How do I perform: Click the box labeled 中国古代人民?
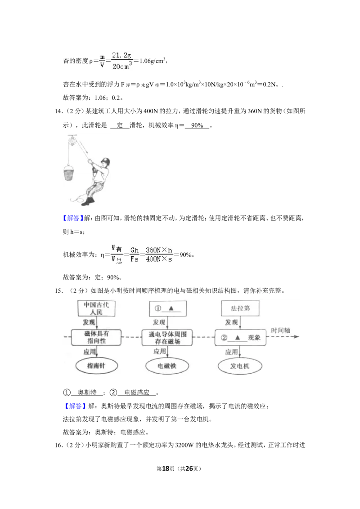[96, 308]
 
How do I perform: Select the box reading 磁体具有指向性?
[96, 337]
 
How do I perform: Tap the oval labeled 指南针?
[96, 366]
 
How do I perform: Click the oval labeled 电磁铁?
[167, 366]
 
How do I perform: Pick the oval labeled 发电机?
[239, 366]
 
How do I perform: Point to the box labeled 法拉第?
[240, 308]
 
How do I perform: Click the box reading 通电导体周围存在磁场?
[167, 338]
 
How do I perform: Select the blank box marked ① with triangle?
[168, 308]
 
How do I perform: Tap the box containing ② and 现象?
[240, 338]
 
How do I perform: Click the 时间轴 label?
[280, 330]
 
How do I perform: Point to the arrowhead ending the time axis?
[296, 337]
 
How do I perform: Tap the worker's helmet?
[106, 161]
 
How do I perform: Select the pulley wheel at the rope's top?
[72, 142]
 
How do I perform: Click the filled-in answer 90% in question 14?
[197, 125]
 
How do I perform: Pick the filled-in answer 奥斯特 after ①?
[87, 393]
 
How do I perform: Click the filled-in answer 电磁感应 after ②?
[137, 393]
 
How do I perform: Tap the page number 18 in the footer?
[166, 469]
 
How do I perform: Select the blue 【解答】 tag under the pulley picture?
[73, 218]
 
